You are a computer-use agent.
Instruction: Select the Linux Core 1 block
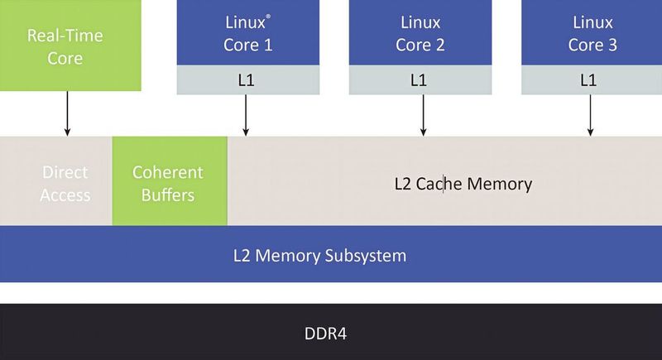[x=247, y=33]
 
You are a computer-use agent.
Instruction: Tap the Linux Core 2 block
[x=420, y=33]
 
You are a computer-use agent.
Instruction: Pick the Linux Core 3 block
[x=592, y=33]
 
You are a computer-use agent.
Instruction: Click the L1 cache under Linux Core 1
[x=247, y=80]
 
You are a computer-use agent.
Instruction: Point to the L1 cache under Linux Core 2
[x=420, y=80]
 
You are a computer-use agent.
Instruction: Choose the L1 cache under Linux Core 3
[x=592, y=80]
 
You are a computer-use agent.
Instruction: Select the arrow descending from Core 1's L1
[x=246, y=115]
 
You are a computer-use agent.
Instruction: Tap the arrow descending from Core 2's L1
[x=423, y=115]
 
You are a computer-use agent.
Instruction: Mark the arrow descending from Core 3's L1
[x=591, y=115]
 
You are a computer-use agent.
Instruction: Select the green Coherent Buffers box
[x=169, y=184]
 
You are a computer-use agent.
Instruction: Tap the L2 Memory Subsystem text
[x=319, y=255]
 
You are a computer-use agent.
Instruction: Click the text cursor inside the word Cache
[x=444, y=184]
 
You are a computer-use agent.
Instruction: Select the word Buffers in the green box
[x=168, y=195]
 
